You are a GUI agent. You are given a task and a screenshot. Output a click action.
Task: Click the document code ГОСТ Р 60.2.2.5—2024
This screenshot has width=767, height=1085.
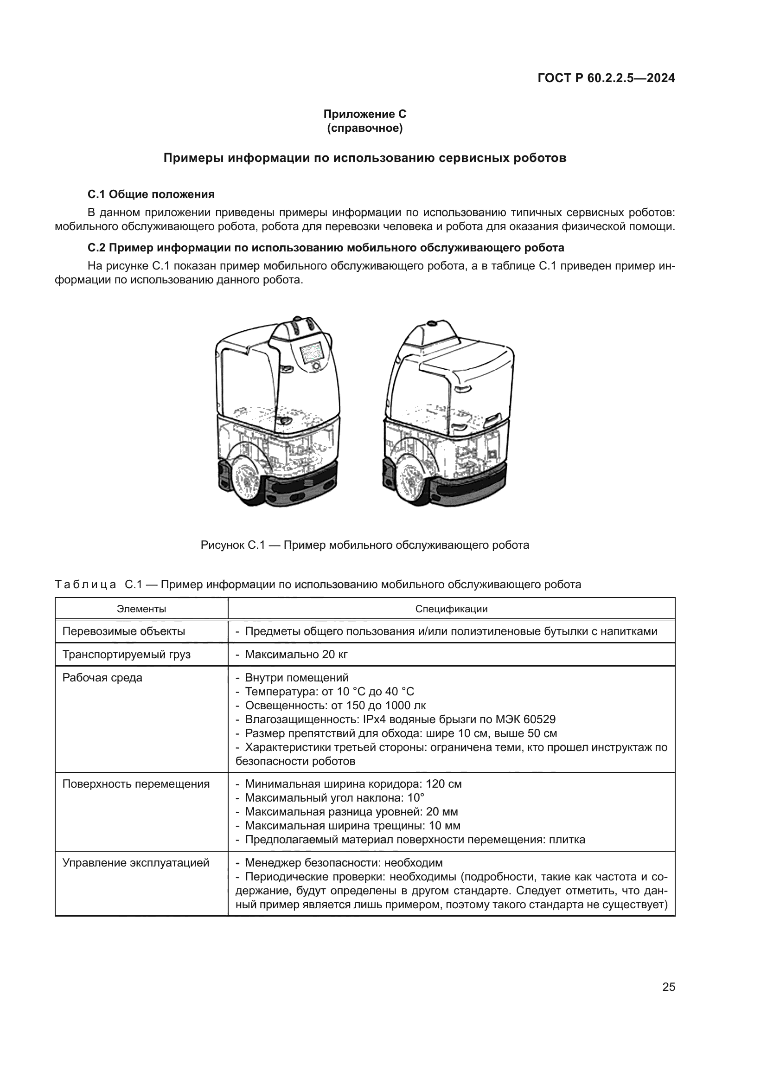pyautogui.click(x=606, y=78)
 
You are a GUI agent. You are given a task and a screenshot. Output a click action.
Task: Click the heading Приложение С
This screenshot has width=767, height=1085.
pyautogui.click(x=364, y=114)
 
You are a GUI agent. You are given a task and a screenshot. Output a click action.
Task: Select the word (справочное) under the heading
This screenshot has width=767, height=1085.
pyautogui.click(x=364, y=128)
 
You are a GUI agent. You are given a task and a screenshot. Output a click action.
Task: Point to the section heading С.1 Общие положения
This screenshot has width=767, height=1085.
pyautogui.click(x=151, y=194)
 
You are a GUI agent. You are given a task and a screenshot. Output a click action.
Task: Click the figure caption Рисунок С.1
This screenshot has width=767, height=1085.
pyautogui.click(x=364, y=545)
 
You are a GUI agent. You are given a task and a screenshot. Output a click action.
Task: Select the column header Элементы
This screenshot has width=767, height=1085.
pyautogui.click(x=141, y=609)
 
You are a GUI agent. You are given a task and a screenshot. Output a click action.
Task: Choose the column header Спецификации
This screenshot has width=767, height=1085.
pyautogui.click(x=451, y=609)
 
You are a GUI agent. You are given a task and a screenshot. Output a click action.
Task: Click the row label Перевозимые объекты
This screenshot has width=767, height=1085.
pyautogui.click(x=124, y=631)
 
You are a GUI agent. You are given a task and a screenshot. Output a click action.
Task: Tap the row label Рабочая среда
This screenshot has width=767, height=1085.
pyautogui.click(x=102, y=678)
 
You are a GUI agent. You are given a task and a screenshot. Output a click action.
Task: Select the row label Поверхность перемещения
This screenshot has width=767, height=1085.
pyautogui.click(x=136, y=784)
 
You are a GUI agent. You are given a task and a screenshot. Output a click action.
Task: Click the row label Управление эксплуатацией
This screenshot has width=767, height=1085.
pyautogui.click(x=135, y=863)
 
